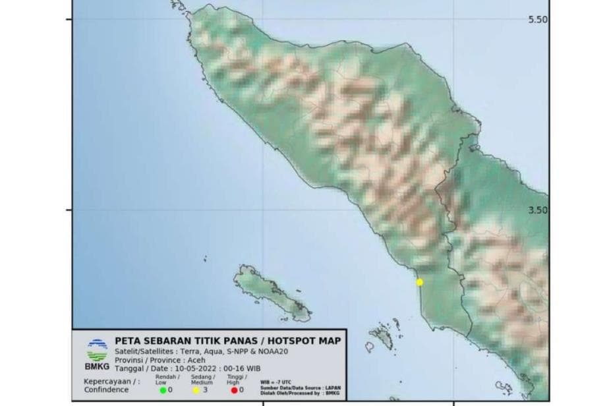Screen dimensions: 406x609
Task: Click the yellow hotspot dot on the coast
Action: coord(419,282)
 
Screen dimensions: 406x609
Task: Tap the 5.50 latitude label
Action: coord(538,20)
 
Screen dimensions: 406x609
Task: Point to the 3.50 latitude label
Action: coord(538,210)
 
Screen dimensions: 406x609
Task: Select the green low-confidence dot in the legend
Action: coord(163,390)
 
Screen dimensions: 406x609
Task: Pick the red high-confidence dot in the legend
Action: coord(234,390)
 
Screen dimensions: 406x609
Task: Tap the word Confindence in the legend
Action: coord(105,390)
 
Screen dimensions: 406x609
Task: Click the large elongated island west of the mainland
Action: coord(270,293)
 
